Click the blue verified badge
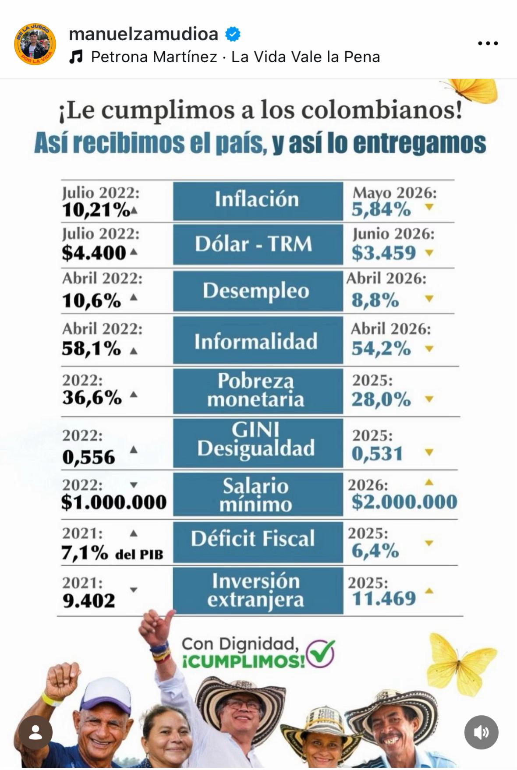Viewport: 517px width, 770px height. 233,34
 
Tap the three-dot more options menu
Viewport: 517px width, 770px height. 488,43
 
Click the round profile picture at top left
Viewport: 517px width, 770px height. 35,44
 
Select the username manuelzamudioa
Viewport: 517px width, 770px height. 144,34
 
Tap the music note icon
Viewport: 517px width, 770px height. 76,57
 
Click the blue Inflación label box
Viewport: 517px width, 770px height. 258,200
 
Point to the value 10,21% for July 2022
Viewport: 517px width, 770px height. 96,210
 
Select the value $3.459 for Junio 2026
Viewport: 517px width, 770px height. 383,253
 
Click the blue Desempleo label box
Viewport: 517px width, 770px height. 258,291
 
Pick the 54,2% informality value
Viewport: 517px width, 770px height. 381,349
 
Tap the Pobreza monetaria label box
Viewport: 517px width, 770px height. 258,390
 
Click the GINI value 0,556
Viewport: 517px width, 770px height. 89,457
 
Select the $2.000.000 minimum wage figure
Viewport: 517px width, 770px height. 404,502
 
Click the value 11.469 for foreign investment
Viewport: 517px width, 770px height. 384,598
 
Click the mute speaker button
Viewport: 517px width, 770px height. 482,732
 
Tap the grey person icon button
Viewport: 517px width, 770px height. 35,732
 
